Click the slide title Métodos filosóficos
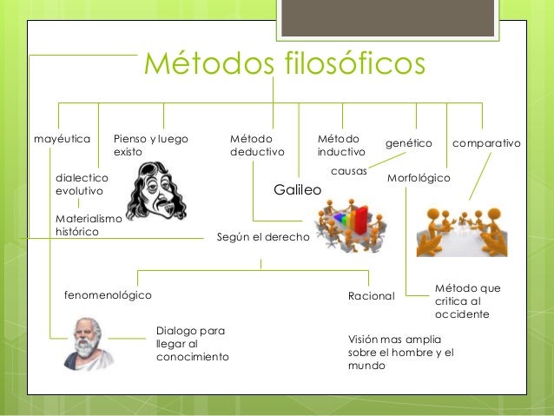(285, 63)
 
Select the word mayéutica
(62, 139)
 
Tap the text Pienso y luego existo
(151, 145)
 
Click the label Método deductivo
(257, 145)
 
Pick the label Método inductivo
(341, 145)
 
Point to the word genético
(408, 141)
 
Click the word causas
(349, 171)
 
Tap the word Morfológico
(419, 177)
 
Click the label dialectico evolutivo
(79, 183)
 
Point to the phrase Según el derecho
(262, 236)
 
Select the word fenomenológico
(108, 295)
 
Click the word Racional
(371, 296)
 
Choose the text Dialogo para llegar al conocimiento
(192, 344)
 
